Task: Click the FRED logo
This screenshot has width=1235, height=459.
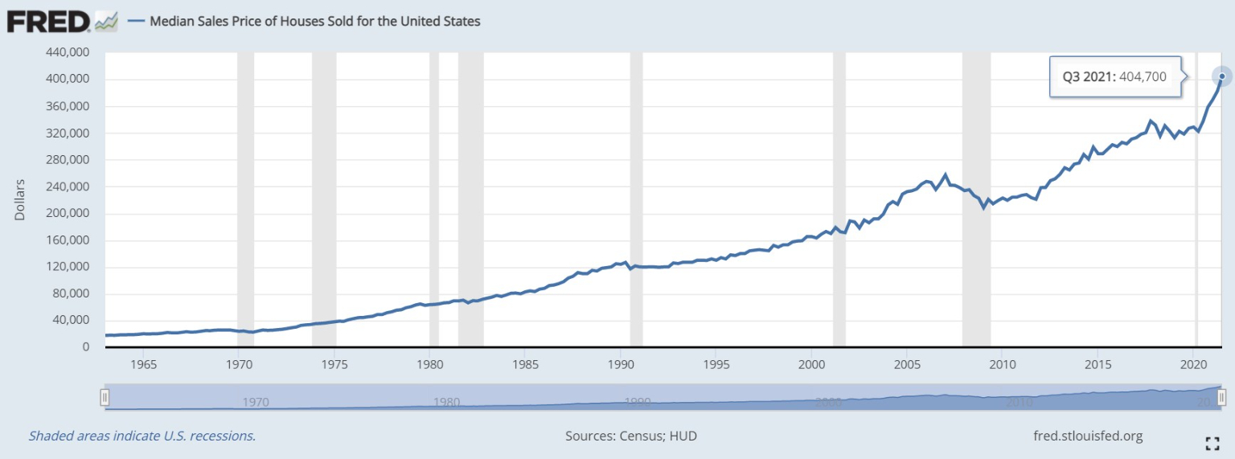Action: click(48, 21)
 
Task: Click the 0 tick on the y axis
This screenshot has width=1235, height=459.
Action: click(84, 347)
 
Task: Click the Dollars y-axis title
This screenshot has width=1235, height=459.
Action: click(21, 199)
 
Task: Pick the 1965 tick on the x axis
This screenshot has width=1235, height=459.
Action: click(143, 363)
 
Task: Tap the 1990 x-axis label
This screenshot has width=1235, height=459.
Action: click(620, 363)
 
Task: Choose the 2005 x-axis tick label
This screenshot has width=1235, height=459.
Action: click(906, 363)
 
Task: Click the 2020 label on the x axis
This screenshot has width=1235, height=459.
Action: click(1192, 363)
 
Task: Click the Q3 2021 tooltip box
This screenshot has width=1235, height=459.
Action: click(1114, 77)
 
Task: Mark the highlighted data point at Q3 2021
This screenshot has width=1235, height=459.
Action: click(1222, 76)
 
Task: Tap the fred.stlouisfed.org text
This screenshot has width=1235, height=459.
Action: click(1087, 436)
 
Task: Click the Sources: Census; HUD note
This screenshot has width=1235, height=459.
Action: click(631, 436)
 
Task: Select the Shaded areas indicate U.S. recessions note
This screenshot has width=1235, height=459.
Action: click(142, 436)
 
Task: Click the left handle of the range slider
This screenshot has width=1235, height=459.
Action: click(104, 397)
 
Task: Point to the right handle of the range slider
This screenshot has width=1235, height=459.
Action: click(1221, 397)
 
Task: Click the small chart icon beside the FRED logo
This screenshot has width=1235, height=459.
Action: click(106, 22)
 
